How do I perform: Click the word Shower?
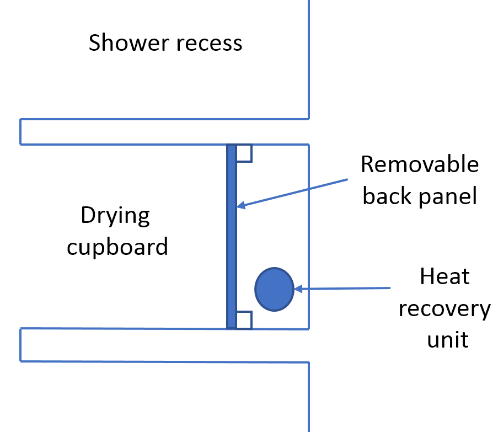[128, 42]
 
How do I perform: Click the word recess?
[210, 44]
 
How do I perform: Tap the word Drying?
[115, 216]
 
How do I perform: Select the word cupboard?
[117, 247]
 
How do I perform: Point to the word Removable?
[420, 164]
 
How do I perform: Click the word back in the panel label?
[388, 196]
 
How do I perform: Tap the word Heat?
[445, 276]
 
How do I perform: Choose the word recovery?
[445, 310]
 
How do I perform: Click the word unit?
[448, 339]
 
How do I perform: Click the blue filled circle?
[274, 289]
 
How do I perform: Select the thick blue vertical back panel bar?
[232, 236]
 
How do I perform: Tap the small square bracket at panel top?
[244, 153]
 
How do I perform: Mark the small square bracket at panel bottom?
[244, 319]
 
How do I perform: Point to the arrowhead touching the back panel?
[241, 205]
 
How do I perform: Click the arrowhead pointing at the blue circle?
[298, 289]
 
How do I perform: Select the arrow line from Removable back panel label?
[292, 193]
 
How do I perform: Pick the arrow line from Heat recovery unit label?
[342, 289]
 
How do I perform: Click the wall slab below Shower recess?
[164, 132]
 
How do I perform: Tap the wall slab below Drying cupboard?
[164, 345]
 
